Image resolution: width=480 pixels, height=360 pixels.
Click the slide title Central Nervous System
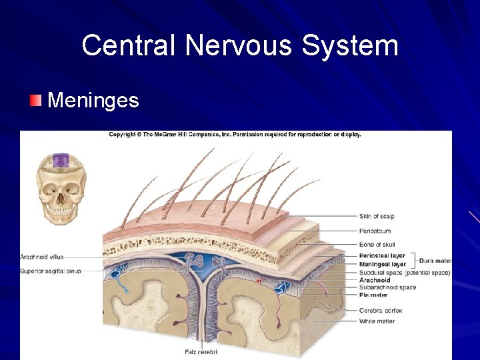point(240,46)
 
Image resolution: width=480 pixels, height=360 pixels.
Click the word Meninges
point(93,101)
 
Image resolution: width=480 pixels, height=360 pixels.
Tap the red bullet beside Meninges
point(35,101)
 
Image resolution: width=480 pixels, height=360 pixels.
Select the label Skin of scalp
point(377,216)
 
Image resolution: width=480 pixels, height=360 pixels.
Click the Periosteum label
point(375,231)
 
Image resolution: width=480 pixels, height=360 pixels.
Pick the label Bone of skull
point(377,245)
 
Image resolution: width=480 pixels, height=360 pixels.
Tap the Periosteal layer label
point(382,256)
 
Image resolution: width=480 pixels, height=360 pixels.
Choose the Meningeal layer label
point(382,265)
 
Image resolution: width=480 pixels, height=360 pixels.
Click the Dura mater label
point(435,261)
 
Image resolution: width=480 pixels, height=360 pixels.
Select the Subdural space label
point(405,273)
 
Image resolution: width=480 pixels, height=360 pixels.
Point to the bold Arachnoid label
point(375,280)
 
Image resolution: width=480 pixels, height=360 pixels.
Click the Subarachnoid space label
point(387,287)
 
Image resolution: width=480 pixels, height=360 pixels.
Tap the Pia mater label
point(373,295)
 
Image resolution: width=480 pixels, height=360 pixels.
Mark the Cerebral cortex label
point(381,311)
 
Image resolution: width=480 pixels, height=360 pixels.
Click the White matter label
point(377,321)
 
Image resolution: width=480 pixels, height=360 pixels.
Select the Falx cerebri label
point(201,351)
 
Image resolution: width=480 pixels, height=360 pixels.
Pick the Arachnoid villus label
point(42,257)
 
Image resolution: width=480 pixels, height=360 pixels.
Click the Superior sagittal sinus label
point(51,271)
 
